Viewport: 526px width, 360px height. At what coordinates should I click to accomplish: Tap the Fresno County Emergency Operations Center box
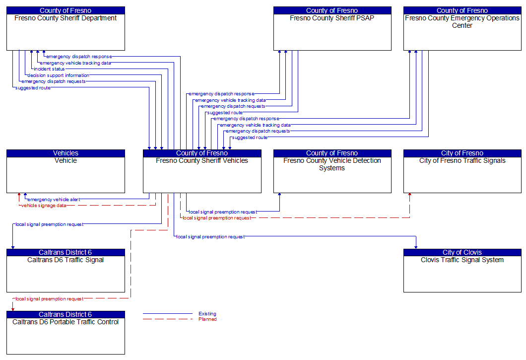tap(462, 32)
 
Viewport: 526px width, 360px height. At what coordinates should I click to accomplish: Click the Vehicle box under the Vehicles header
tap(66, 174)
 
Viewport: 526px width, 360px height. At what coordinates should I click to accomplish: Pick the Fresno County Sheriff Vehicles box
tap(202, 174)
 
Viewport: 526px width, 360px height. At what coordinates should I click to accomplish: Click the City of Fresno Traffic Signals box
tap(462, 174)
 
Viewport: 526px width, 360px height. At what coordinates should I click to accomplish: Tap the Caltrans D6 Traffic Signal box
tap(66, 274)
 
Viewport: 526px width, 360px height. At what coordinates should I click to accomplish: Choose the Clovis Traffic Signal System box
tap(462, 274)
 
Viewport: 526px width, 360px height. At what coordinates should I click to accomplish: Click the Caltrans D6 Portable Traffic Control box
tap(66, 336)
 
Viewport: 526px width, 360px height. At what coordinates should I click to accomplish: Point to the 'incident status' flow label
tap(49, 69)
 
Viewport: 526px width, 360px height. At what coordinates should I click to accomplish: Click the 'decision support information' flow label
tap(59, 75)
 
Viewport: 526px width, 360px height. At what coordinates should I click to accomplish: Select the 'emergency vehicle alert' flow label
tap(54, 200)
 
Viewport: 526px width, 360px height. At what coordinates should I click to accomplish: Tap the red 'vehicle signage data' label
tap(44, 206)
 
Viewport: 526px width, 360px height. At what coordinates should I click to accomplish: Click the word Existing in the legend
tap(207, 314)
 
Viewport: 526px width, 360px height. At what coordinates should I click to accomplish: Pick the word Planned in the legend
tap(207, 319)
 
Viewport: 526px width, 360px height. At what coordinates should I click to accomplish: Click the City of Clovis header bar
tap(462, 252)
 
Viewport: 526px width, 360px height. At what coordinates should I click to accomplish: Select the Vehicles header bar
tap(66, 153)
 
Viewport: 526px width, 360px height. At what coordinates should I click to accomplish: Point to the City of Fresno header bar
tap(462, 153)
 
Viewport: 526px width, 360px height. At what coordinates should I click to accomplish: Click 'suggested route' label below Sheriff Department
tap(33, 88)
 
